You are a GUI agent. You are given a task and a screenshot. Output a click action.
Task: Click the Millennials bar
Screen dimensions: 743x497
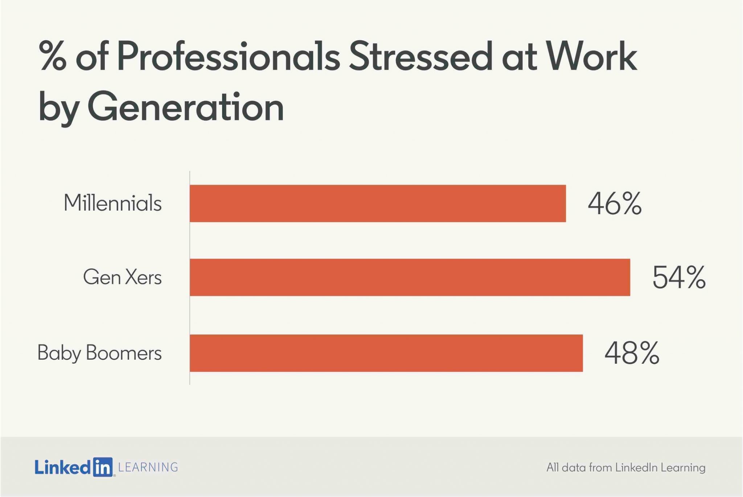point(378,203)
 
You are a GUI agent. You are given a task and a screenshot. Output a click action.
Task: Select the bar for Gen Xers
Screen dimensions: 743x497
point(410,277)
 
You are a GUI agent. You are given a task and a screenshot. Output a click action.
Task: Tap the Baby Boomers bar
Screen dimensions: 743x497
point(386,353)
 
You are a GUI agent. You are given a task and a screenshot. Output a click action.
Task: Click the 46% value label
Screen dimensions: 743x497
point(615,204)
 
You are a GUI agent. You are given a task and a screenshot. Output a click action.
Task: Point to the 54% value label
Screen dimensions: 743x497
point(679,277)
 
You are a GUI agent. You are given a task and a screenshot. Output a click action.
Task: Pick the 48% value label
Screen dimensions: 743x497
point(632,353)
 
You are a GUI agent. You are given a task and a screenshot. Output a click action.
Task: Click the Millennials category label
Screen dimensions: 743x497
point(112,203)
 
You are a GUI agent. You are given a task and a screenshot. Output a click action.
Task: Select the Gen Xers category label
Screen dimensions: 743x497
point(122,277)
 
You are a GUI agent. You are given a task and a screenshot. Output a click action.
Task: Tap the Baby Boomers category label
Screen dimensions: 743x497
point(99,353)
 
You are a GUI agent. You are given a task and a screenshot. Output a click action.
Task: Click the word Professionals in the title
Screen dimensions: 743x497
point(229,57)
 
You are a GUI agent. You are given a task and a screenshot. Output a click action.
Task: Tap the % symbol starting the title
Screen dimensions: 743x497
point(53,57)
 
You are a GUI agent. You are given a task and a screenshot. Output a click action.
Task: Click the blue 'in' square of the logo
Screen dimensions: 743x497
point(103,467)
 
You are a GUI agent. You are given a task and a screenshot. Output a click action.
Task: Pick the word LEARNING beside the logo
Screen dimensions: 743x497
point(148,467)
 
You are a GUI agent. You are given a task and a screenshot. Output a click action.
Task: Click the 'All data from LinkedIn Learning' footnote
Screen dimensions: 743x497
point(626,468)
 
